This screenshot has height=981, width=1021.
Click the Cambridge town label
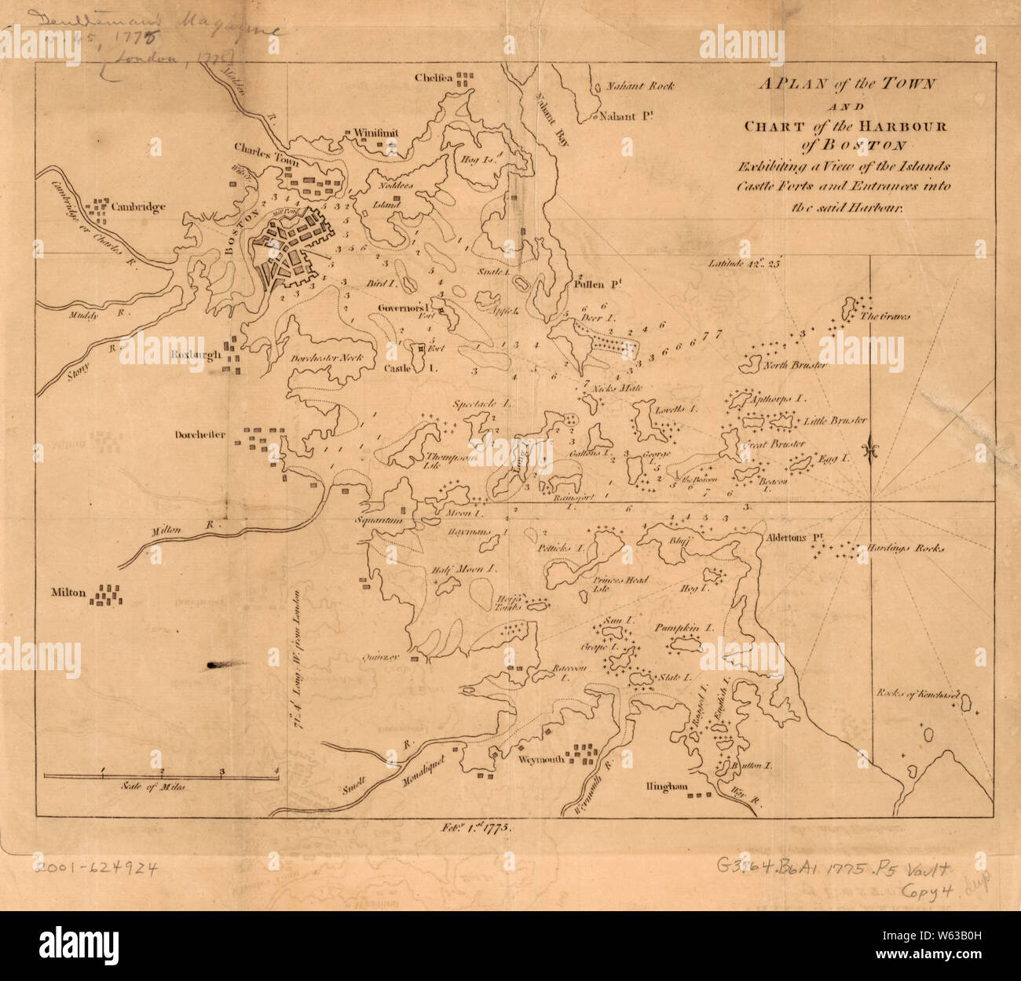click(x=138, y=208)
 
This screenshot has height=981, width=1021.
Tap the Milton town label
click(x=68, y=593)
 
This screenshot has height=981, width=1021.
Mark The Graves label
click(x=884, y=317)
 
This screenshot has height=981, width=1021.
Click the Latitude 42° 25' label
click(x=742, y=264)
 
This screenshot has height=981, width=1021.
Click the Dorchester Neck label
click(x=328, y=358)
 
